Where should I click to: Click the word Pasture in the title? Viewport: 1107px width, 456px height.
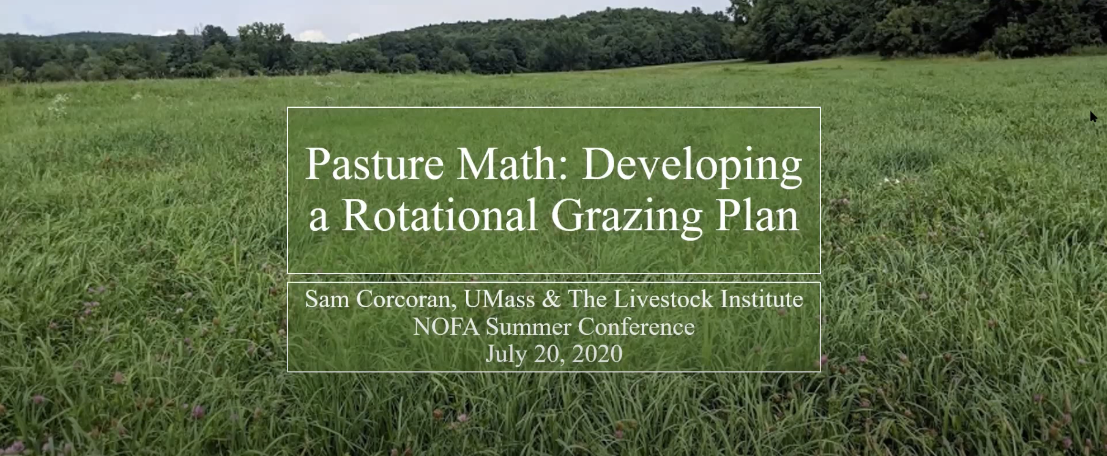tap(374, 164)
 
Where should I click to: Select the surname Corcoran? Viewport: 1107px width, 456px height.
tap(406, 300)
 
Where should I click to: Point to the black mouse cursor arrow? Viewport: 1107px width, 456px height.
tap(1094, 117)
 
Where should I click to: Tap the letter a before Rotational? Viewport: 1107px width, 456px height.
tap(318, 221)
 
